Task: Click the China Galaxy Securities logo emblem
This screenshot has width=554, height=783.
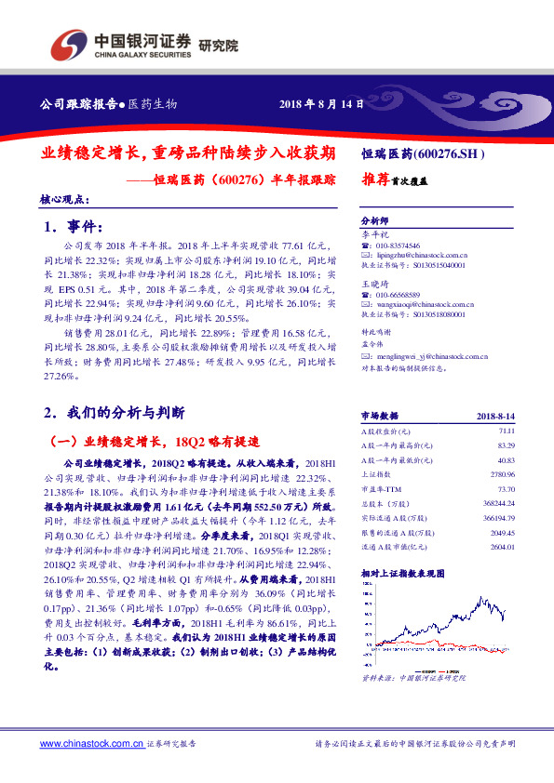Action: (69, 44)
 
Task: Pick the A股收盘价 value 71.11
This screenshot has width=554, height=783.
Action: (506, 431)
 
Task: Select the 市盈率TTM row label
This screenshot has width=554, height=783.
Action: (379, 488)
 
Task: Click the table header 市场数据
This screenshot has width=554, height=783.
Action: (379, 417)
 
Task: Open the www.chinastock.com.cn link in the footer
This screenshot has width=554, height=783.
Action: (89, 744)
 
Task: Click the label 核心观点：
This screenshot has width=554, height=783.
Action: (64, 199)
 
